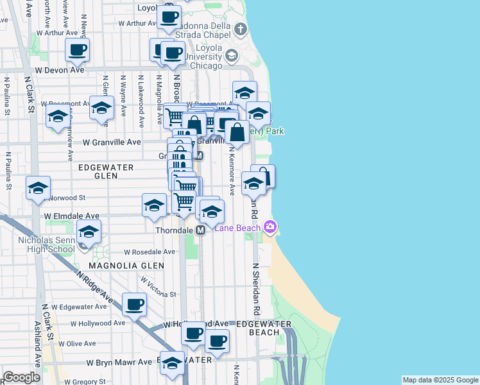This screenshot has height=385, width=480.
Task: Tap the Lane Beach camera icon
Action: point(270,227)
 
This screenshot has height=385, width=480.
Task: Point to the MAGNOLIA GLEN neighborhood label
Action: point(126,265)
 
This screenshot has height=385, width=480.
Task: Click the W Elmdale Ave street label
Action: point(71,217)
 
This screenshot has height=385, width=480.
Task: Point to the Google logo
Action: point(21,377)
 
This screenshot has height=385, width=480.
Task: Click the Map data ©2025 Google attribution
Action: point(440,380)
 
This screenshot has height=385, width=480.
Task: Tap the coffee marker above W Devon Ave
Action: point(77,51)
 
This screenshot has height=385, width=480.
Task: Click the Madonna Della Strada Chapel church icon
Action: point(241,29)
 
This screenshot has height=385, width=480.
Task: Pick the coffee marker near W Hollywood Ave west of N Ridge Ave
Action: point(134,305)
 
